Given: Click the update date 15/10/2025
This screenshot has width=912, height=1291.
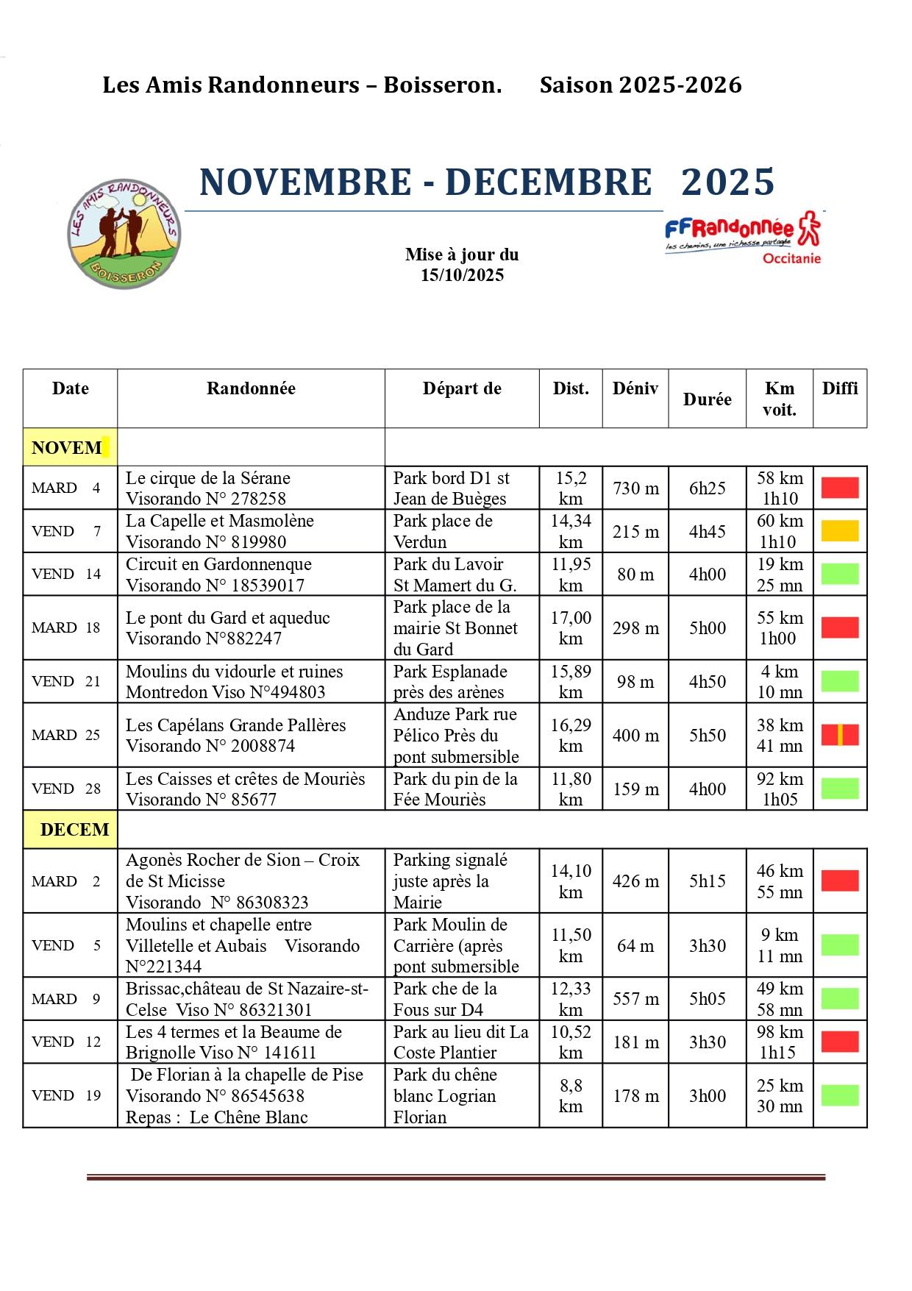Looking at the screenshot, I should point(462,276).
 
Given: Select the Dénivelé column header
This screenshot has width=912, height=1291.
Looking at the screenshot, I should point(635,389).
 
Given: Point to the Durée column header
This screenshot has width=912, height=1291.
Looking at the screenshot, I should point(707,399).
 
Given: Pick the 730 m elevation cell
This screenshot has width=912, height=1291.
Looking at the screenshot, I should point(635,488).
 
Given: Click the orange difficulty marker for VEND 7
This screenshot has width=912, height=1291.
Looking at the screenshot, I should point(840,531).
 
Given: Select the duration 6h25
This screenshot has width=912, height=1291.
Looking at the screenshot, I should point(707,488).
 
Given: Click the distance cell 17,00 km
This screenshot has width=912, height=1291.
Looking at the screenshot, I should point(571,627).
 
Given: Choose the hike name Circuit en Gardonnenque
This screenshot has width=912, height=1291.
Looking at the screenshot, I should point(218,564).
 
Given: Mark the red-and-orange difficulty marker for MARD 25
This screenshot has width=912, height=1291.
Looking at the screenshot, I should point(840,735).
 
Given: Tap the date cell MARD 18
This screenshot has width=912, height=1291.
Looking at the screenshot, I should point(66,627).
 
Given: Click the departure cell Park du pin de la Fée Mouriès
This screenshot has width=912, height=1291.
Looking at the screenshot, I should point(456,789).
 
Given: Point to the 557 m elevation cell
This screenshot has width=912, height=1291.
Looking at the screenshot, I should point(635,999).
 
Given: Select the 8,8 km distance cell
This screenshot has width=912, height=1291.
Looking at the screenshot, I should point(571,1095).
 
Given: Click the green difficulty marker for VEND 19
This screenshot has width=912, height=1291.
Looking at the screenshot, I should point(840,1095).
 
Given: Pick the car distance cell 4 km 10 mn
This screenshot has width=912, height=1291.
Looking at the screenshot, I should point(780,681).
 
